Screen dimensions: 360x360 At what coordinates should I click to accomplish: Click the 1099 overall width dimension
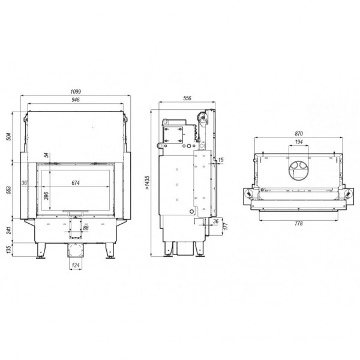(x=76, y=92)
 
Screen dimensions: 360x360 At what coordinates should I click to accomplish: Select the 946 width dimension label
(x=76, y=100)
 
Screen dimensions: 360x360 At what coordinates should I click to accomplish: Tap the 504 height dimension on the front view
(x=8, y=137)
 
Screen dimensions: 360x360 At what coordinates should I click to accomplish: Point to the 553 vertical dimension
(x=8, y=190)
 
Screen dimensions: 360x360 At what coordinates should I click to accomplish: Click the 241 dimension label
(x=8, y=230)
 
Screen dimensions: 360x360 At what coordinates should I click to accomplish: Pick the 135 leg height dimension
(x=8, y=250)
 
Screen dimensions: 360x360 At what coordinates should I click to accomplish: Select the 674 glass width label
(x=76, y=183)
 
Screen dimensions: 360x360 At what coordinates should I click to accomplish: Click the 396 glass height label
(x=46, y=196)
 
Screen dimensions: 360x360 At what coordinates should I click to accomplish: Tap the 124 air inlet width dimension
(x=76, y=265)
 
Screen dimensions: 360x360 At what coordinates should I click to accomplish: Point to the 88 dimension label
(x=86, y=228)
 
